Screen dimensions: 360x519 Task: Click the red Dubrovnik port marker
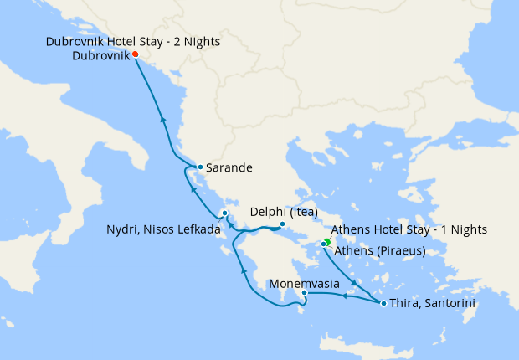[x=136, y=55]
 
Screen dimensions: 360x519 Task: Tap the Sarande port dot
[x=200, y=167]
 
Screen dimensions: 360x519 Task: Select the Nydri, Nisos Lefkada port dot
[x=225, y=214]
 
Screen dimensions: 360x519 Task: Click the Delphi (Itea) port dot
[x=283, y=224]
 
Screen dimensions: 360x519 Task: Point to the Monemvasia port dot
[x=304, y=293]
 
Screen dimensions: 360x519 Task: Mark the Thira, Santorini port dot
[x=383, y=303]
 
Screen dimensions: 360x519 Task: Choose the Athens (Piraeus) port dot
[x=323, y=244]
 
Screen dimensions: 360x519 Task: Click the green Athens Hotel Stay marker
[x=328, y=240]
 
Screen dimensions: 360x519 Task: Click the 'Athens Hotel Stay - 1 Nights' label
[x=409, y=229]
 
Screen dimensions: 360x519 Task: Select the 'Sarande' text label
[x=229, y=167]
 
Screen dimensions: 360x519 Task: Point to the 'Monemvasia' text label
[x=304, y=284]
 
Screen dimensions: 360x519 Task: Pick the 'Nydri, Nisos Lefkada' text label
[x=163, y=229]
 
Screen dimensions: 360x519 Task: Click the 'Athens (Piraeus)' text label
[x=379, y=250]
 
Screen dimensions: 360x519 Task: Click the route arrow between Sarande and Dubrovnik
[x=162, y=120]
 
